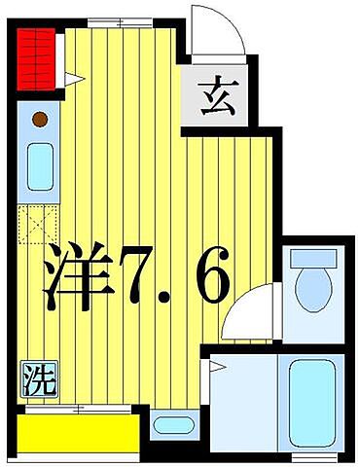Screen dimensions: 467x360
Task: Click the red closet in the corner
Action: [37, 59]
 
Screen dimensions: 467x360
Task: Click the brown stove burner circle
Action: [40, 121]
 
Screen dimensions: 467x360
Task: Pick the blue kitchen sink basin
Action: [41, 166]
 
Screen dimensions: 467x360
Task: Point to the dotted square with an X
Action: [38, 223]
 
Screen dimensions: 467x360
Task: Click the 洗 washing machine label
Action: [35, 375]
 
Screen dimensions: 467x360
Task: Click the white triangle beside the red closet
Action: [70, 79]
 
